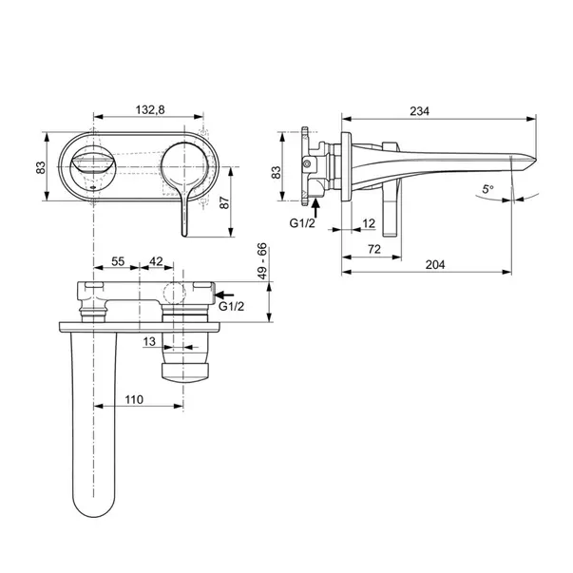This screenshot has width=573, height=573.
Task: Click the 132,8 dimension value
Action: (x=149, y=110)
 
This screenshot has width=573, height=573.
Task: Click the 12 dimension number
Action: (x=369, y=223)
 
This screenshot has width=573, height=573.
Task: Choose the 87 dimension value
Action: (x=249, y=201)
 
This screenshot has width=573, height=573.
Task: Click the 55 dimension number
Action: (x=118, y=259)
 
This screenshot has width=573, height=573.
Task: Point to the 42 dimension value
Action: (x=156, y=259)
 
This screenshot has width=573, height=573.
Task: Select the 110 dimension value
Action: (x=134, y=400)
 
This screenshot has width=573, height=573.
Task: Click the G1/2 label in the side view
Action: (x=303, y=223)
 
